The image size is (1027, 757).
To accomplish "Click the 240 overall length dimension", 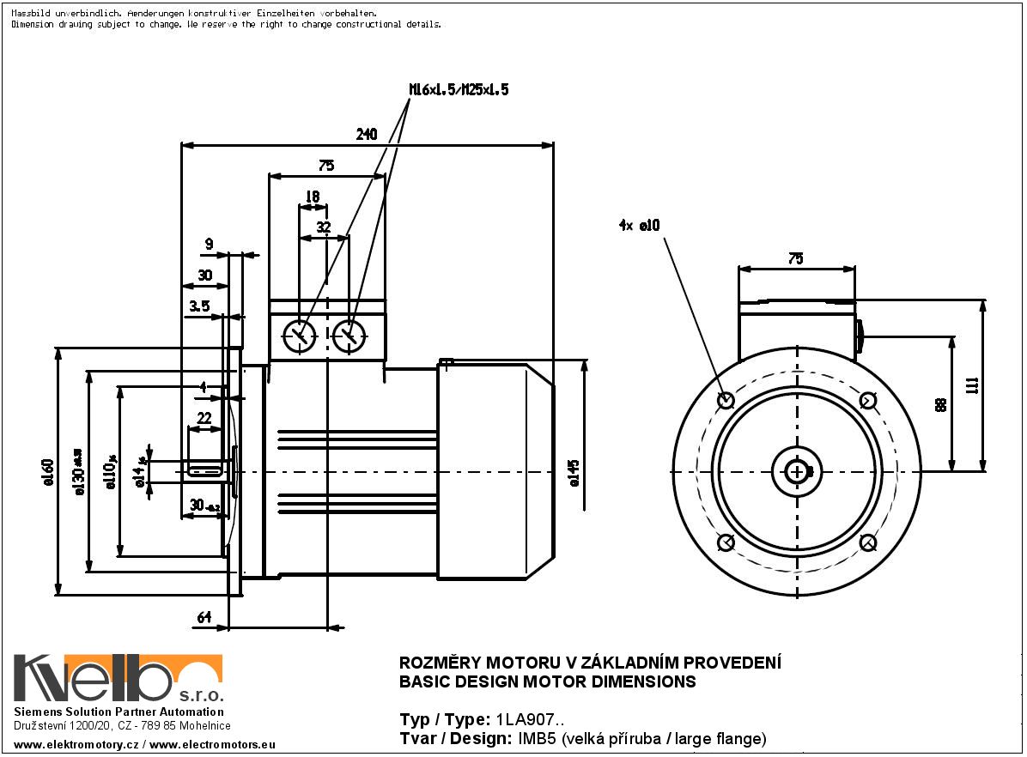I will pos(368,134).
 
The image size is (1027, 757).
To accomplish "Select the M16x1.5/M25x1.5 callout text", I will pos(458,89).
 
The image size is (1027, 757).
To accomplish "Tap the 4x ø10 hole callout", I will pos(638,226).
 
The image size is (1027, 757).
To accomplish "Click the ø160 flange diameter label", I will pos(48,472).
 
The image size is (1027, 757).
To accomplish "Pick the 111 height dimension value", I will pos(971,385).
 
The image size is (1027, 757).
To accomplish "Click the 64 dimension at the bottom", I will pos(204,617).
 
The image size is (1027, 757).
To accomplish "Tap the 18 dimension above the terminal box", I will pos(312,197).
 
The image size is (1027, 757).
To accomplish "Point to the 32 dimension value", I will pos(323,227).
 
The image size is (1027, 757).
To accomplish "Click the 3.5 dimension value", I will pos(199,306).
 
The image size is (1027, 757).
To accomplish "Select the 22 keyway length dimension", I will pos(204,417).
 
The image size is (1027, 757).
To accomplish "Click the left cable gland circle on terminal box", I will pos(299,336).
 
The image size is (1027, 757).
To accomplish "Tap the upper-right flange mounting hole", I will pos(867,400).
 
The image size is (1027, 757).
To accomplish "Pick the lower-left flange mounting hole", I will pos(725,542).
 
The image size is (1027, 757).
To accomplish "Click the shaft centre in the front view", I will pos(798,470).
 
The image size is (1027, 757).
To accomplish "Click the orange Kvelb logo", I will pos(118,678).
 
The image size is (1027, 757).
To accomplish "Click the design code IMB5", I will pos(538,738).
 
